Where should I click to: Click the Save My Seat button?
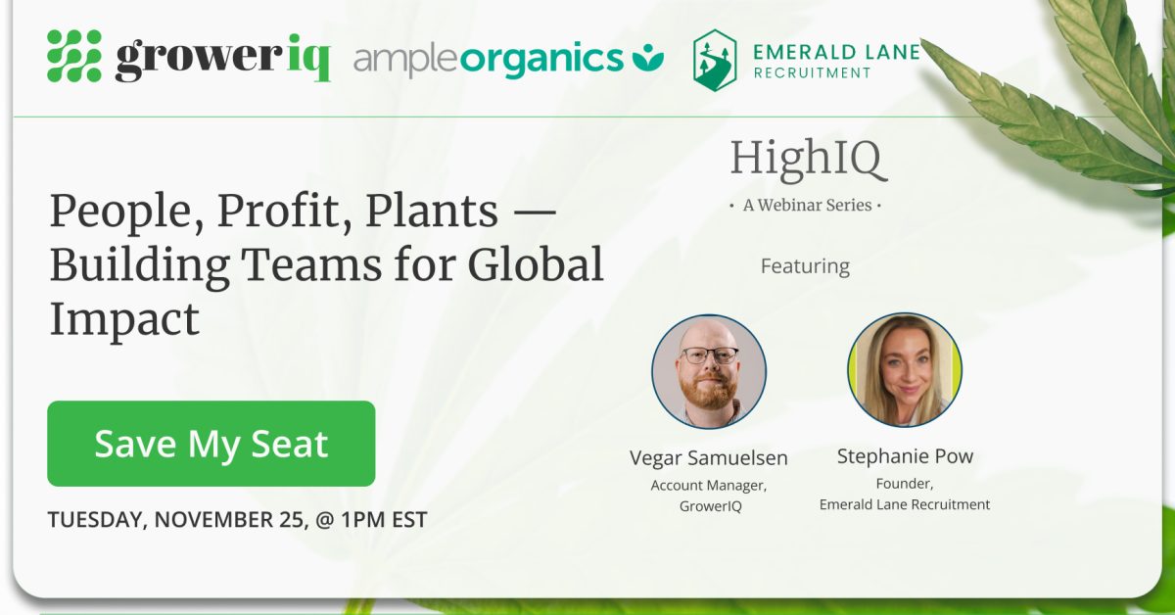211,444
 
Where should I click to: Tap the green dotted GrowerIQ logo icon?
74,56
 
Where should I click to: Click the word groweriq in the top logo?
222,59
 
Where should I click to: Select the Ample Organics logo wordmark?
488,60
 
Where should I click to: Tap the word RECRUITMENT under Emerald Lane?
812,72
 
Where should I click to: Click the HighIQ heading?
808,160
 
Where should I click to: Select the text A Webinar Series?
806,206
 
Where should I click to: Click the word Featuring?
805,266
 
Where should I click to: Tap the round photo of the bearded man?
709,371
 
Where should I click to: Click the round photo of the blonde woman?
905,370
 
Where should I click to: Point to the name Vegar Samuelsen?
709,458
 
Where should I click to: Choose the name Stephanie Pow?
905,456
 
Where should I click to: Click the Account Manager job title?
709,485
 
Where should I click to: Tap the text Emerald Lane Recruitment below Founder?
905,504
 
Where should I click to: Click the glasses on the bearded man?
710,355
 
